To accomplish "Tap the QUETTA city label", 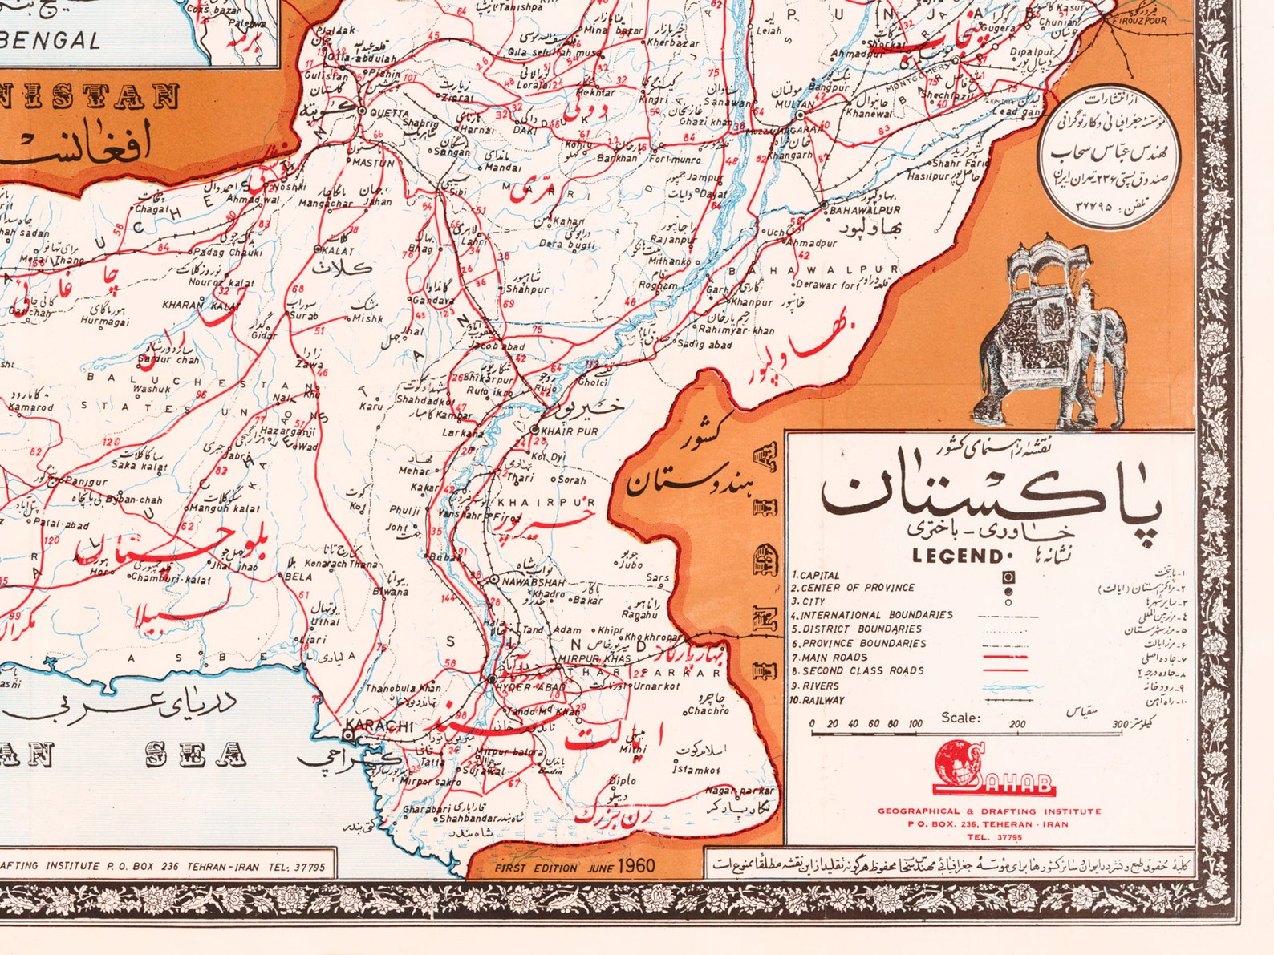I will tap(390, 113).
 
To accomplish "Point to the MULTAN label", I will tap(794, 105).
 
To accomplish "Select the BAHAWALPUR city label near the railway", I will tap(865, 210).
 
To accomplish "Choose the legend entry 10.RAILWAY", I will tap(818, 700).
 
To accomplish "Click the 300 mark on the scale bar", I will tap(1120, 724).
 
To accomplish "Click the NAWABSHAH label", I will tap(534, 582).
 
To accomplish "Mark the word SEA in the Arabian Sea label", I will tap(196, 755).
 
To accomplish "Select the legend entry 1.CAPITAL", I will tap(816, 575).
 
